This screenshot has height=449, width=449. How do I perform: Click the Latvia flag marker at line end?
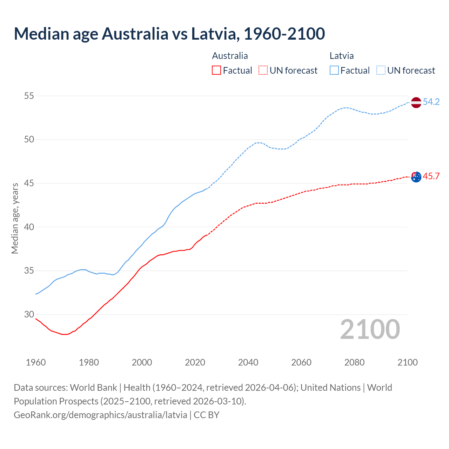416,102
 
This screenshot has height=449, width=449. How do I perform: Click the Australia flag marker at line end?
416,177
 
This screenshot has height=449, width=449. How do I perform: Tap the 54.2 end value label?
431,102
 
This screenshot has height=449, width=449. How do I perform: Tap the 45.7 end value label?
431,176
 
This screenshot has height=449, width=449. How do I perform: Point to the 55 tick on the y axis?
29,96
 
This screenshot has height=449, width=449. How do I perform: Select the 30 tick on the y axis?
29,314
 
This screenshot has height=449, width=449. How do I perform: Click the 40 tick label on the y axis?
29,227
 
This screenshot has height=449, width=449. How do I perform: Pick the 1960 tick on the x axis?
36,362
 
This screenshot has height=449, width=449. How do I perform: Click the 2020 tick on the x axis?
195,362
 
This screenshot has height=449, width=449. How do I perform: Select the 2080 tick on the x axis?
354,362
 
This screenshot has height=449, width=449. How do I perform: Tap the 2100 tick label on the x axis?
408,362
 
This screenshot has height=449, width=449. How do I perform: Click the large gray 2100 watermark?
370,329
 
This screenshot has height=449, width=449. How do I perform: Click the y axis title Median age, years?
15,218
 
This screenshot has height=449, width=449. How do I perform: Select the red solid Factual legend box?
216,70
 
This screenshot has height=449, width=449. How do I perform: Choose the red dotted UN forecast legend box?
263,70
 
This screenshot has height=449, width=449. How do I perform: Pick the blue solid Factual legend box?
334,70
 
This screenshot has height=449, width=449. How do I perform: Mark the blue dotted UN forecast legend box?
381,70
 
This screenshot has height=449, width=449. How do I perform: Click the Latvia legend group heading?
342,56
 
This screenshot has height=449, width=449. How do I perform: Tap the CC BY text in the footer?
207,415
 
